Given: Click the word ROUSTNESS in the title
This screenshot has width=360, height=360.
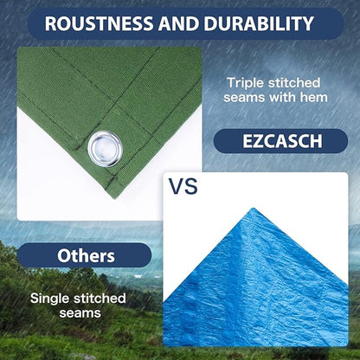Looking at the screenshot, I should tap(96, 23).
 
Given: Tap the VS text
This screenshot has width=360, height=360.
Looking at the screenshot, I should tap(184, 186).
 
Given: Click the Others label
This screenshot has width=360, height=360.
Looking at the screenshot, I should tap(86, 256).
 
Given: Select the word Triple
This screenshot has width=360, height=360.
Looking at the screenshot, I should tap(245, 82).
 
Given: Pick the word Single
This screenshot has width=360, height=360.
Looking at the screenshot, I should tap(51, 298).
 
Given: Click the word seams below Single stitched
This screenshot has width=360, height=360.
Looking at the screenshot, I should tap(78, 313).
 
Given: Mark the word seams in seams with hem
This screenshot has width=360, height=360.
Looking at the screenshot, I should tap(245, 98).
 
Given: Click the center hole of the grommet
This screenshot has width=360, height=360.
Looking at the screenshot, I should tap(105, 144).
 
